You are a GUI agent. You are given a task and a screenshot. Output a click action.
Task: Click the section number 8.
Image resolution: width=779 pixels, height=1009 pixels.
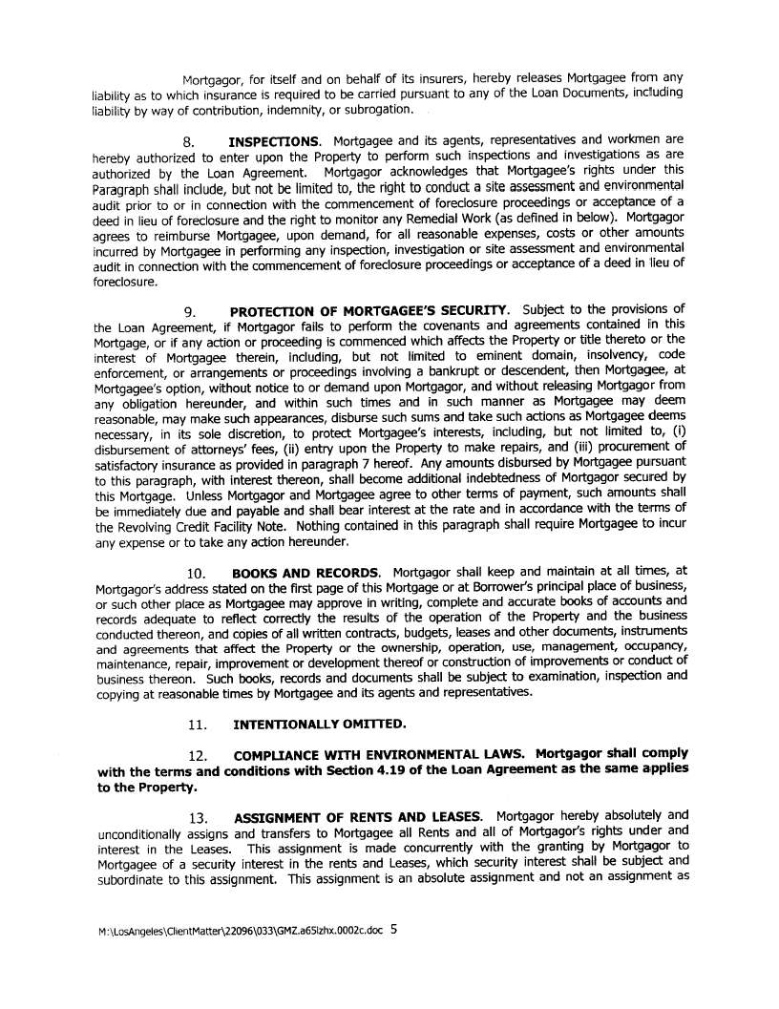coord(188,141)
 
